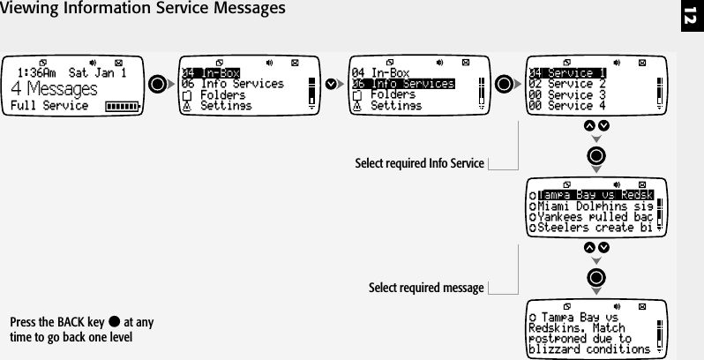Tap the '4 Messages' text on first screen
pyautogui.click(x=54, y=90)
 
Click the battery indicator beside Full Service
pyautogui.click(x=122, y=107)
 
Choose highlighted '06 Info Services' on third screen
pyautogui.click(x=402, y=84)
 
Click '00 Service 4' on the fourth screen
pyautogui.click(x=566, y=105)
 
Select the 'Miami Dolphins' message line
pyautogui.click(x=593, y=206)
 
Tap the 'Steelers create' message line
pyautogui.click(x=593, y=227)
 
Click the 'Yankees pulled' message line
pyautogui.click(x=593, y=216)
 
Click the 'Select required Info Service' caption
pyautogui.click(x=419, y=163)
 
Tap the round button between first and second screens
pyautogui.click(x=158, y=85)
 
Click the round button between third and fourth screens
pyautogui.click(x=506, y=85)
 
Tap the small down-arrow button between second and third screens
pyautogui.click(x=331, y=85)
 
